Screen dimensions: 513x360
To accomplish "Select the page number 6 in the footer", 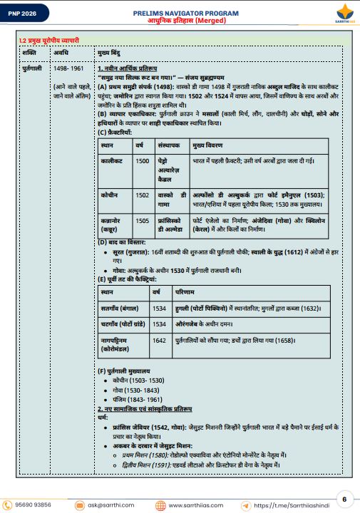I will click(x=344, y=499).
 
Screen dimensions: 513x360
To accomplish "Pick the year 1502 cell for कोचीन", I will click(x=142, y=195).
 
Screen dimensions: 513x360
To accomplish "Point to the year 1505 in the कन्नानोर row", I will click(x=142, y=221).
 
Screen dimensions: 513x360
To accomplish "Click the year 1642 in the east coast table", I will click(x=159, y=341).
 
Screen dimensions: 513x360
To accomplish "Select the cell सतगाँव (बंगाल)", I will click(x=120, y=309).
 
